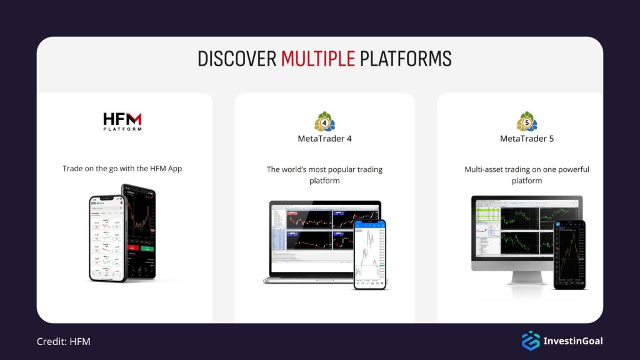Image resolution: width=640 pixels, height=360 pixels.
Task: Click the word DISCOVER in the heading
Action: coord(237,59)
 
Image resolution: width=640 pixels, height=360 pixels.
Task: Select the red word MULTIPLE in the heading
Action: coord(317,59)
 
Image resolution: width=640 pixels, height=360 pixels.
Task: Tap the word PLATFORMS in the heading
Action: coord(404,59)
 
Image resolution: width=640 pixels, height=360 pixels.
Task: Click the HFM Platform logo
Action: coord(122,121)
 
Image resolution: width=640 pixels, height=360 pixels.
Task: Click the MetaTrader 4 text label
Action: coord(324,139)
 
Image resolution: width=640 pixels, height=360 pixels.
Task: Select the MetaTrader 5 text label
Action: coord(527,139)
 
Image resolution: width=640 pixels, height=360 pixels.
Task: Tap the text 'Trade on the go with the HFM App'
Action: coord(122,169)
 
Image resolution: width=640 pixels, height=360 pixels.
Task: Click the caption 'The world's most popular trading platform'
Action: coord(324,175)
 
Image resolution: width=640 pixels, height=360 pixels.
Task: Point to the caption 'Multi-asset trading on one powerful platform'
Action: coord(527,175)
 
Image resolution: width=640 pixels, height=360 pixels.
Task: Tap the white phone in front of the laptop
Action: coord(370,253)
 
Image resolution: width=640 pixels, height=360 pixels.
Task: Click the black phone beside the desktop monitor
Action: coord(569,254)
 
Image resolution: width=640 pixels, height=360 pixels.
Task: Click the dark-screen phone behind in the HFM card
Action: coord(141,231)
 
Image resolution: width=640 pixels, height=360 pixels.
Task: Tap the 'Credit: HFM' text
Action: coord(63,341)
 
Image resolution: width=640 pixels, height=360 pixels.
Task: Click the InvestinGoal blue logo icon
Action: coord(531,341)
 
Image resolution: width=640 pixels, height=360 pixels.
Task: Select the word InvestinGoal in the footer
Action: coord(573,341)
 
